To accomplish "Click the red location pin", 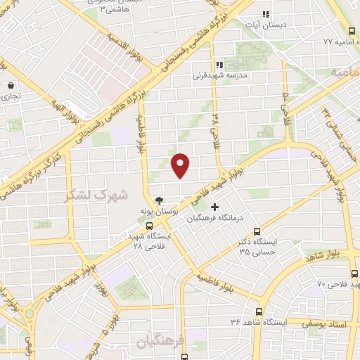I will (x=181, y=165).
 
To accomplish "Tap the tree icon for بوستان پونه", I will (x=159, y=200).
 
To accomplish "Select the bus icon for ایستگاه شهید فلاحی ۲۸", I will (x=149, y=226).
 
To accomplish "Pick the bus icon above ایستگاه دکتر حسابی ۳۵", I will (x=256, y=230).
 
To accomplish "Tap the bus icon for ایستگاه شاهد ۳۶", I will (x=259, y=311).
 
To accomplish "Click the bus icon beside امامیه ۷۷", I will (x=352, y=31).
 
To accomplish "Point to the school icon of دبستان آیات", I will (x=266, y=14).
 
